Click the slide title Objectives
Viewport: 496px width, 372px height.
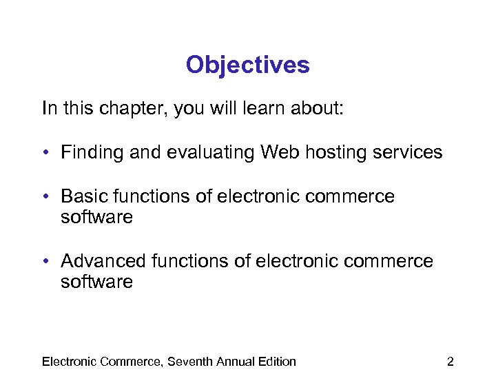tap(247, 65)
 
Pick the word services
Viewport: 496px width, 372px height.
tap(409, 152)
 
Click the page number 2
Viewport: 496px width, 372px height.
tap(450, 361)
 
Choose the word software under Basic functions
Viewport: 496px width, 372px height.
tap(96, 218)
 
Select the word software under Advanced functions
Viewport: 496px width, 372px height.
tap(96, 282)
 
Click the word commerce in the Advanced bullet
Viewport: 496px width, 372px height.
tap(394, 261)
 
